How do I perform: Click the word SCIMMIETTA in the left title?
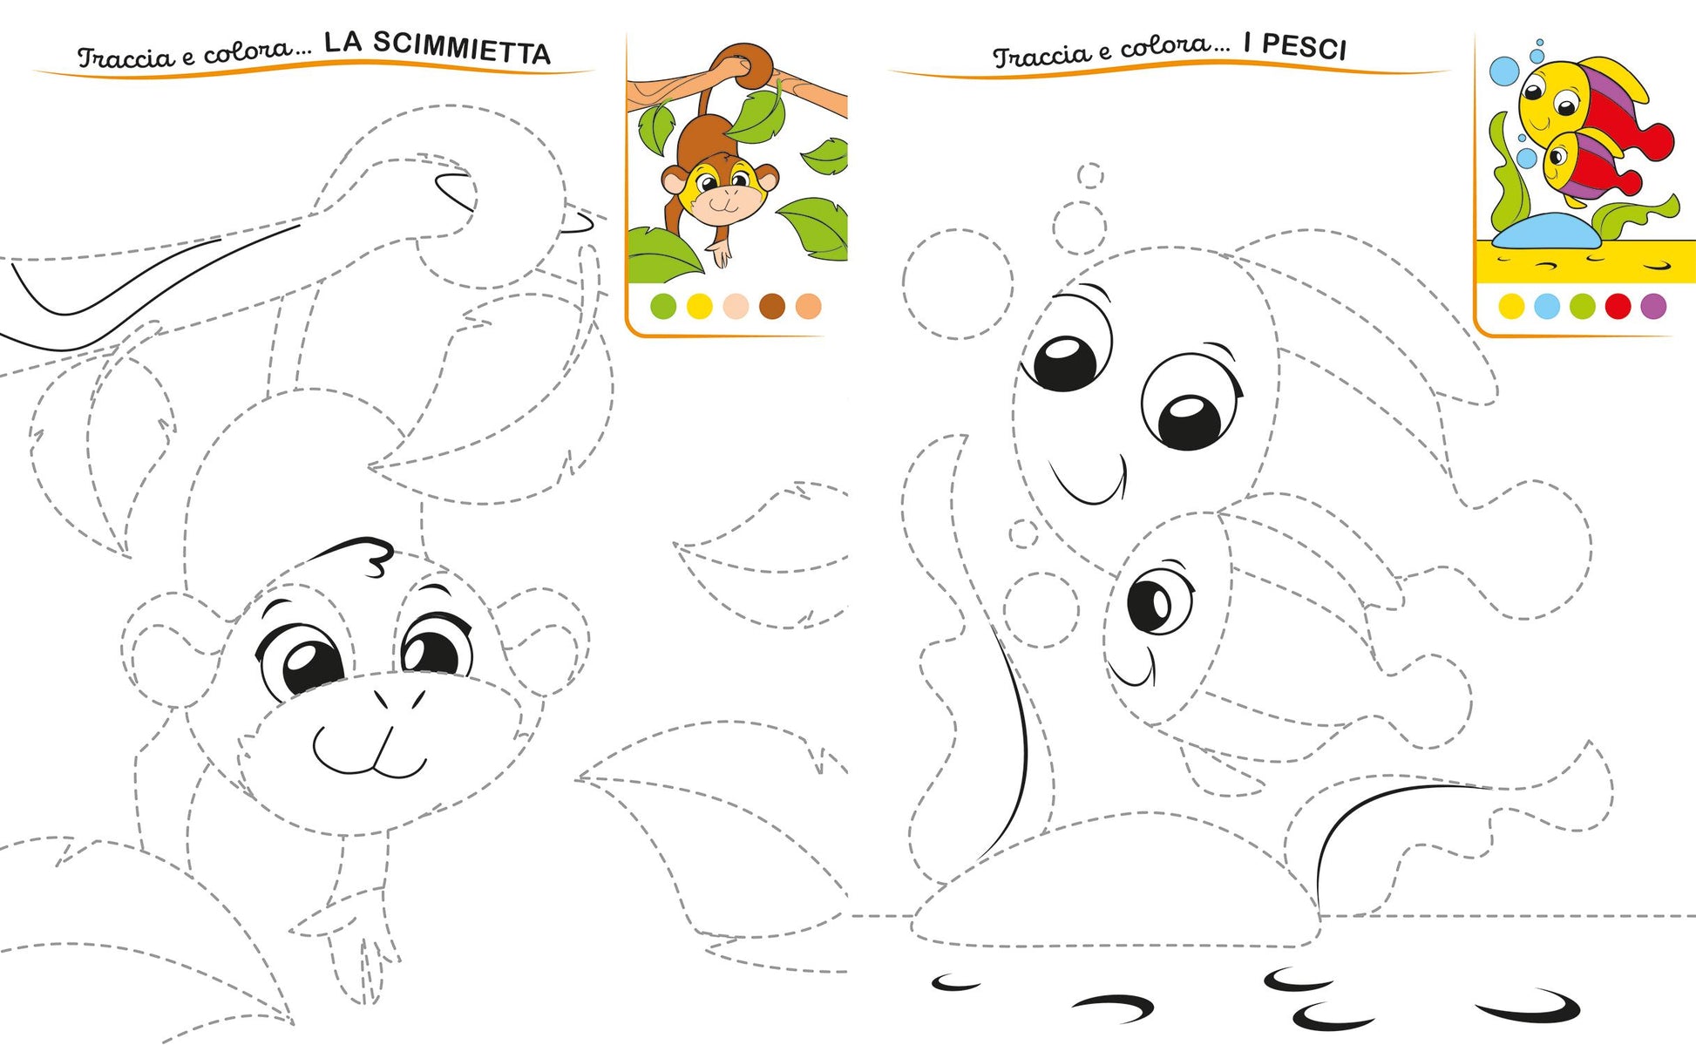click(x=438, y=49)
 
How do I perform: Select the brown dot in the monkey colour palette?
click(x=772, y=306)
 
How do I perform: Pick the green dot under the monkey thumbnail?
click(x=663, y=306)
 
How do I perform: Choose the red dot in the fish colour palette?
click(x=1618, y=306)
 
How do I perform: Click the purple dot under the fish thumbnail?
click(x=1653, y=306)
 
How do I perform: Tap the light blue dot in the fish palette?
click(x=1546, y=306)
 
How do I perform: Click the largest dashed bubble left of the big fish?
click(x=958, y=284)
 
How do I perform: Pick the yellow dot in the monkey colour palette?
click(x=699, y=306)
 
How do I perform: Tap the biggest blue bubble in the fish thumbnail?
click(x=1504, y=71)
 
